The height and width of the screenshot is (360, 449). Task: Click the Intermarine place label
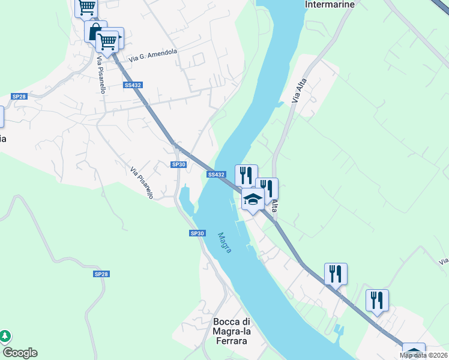point(330,4)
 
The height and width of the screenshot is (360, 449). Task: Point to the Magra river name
point(224,242)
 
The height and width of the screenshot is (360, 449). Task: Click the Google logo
point(20,353)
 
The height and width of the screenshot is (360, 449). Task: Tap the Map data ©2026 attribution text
point(424,355)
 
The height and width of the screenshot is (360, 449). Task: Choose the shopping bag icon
point(95,32)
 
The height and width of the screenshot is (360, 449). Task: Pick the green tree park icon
point(5,336)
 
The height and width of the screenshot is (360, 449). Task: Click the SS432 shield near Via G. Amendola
point(133,86)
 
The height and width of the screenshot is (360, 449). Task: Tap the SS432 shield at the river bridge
point(216,175)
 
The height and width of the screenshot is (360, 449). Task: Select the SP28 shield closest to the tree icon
point(101,274)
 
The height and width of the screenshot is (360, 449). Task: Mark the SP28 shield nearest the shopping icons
point(19,97)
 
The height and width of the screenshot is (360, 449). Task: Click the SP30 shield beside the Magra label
point(197,233)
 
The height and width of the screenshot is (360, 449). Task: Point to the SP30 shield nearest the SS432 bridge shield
point(178,164)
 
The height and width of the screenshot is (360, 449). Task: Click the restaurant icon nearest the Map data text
point(377,300)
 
